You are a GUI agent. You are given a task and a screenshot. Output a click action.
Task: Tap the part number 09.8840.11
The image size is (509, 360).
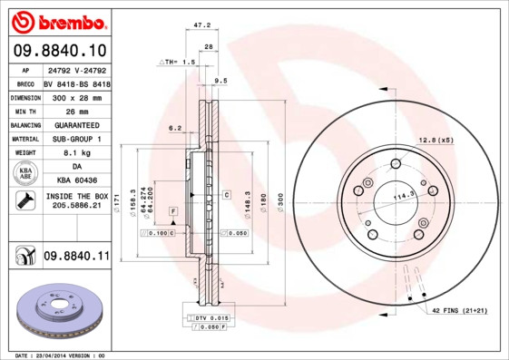click(x=75, y=257)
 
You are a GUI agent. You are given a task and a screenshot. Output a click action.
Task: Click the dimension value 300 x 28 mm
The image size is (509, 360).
click(x=75, y=95)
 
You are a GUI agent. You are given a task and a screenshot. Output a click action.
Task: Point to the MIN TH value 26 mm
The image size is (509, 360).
click(x=75, y=110)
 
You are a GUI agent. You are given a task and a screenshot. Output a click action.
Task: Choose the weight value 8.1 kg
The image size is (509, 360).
click(x=75, y=153)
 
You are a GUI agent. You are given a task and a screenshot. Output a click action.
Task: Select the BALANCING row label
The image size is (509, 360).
click(x=24, y=124)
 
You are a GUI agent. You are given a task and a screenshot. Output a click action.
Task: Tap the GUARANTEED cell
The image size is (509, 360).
click(x=75, y=124)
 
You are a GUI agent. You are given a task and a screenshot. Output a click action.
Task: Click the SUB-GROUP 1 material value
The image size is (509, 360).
click(x=75, y=139)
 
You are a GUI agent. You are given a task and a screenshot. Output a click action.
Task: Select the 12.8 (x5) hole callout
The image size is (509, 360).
click(x=435, y=139)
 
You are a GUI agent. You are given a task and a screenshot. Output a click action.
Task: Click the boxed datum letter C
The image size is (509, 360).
click(x=225, y=194)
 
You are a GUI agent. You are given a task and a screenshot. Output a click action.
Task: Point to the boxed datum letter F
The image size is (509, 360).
click(x=171, y=211)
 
